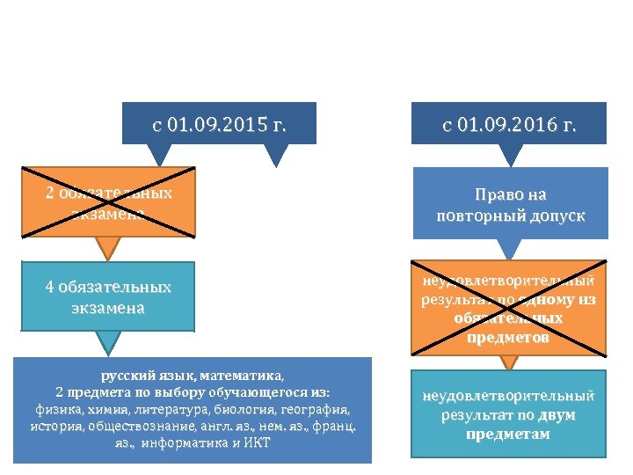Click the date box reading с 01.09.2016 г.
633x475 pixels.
[510, 125]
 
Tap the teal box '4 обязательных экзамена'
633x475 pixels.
[109, 297]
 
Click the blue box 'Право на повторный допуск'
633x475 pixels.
[510, 204]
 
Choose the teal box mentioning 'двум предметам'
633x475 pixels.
[510, 414]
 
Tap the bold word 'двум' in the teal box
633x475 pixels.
[558, 414]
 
